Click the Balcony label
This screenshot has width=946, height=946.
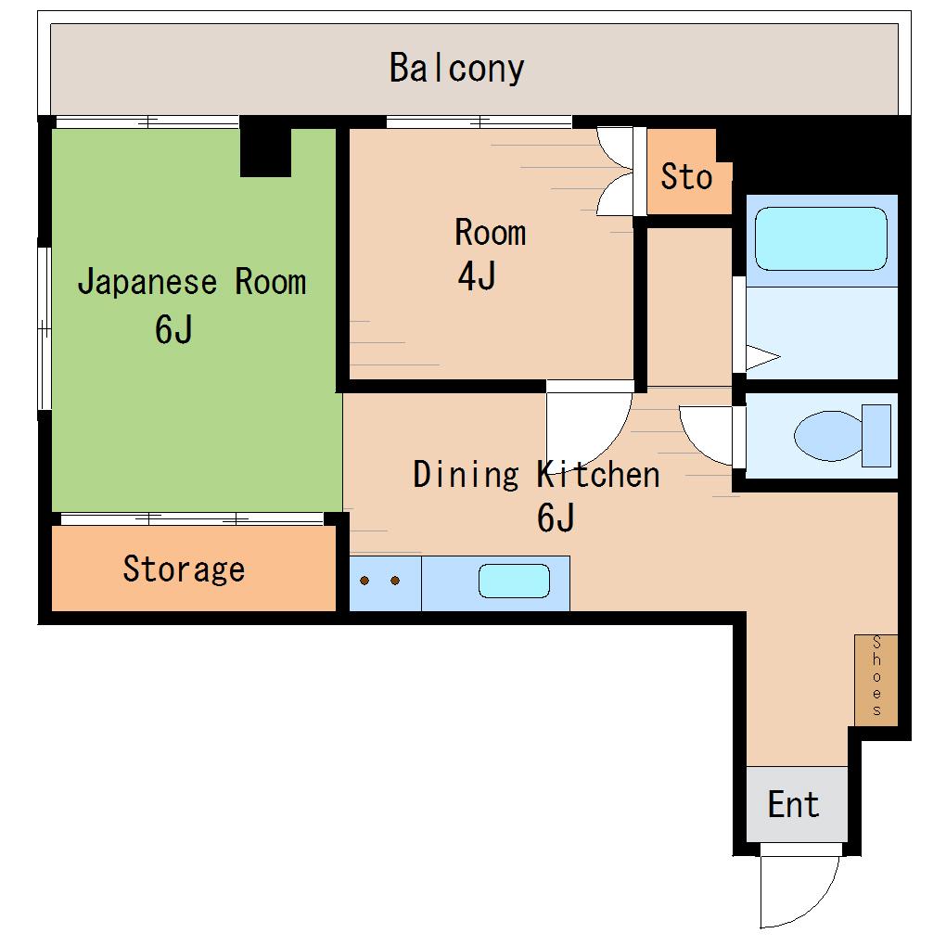click(x=456, y=69)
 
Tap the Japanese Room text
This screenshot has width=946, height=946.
click(x=192, y=282)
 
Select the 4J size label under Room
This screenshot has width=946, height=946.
click(x=477, y=276)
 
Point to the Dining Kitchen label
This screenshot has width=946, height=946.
click(x=536, y=475)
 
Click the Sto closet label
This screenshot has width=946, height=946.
click(x=686, y=177)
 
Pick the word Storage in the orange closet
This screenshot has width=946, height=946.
click(x=184, y=569)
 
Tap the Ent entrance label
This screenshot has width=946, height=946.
click(x=793, y=804)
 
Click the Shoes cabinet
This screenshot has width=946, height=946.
click(x=876, y=680)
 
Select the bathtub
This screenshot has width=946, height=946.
click(x=821, y=239)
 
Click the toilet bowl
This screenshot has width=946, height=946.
click(x=827, y=436)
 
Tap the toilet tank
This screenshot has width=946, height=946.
click(x=876, y=436)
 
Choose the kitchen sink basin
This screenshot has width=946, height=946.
click(x=514, y=581)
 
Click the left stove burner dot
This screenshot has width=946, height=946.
click(x=364, y=581)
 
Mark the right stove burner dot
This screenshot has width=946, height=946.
click(x=395, y=581)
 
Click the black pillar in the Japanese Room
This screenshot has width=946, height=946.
click(x=265, y=147)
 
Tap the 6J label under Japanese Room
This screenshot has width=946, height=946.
click(x=173, y=329)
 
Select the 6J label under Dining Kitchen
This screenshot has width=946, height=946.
click(x=556, y=517)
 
